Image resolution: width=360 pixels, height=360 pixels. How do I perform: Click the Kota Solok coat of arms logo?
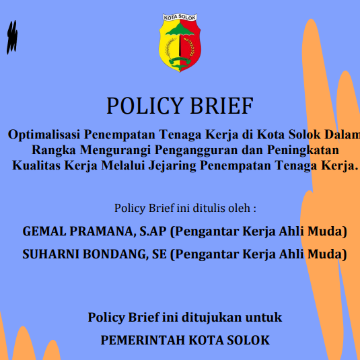tap(180, 44)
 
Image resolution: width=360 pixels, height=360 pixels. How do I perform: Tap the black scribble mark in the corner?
tap(11, 38)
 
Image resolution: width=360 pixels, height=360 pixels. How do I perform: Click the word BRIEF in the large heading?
tap(219, 106)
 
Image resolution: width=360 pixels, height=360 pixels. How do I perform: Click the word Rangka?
tap(54, 149)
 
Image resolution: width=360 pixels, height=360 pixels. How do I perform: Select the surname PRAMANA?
tap(100, 231)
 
